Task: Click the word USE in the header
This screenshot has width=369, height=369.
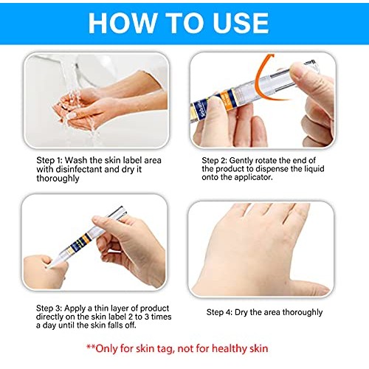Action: pos(238,23)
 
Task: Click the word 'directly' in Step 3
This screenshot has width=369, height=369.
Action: pos(53,317)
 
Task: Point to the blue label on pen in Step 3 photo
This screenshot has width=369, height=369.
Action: pos(80,246)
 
